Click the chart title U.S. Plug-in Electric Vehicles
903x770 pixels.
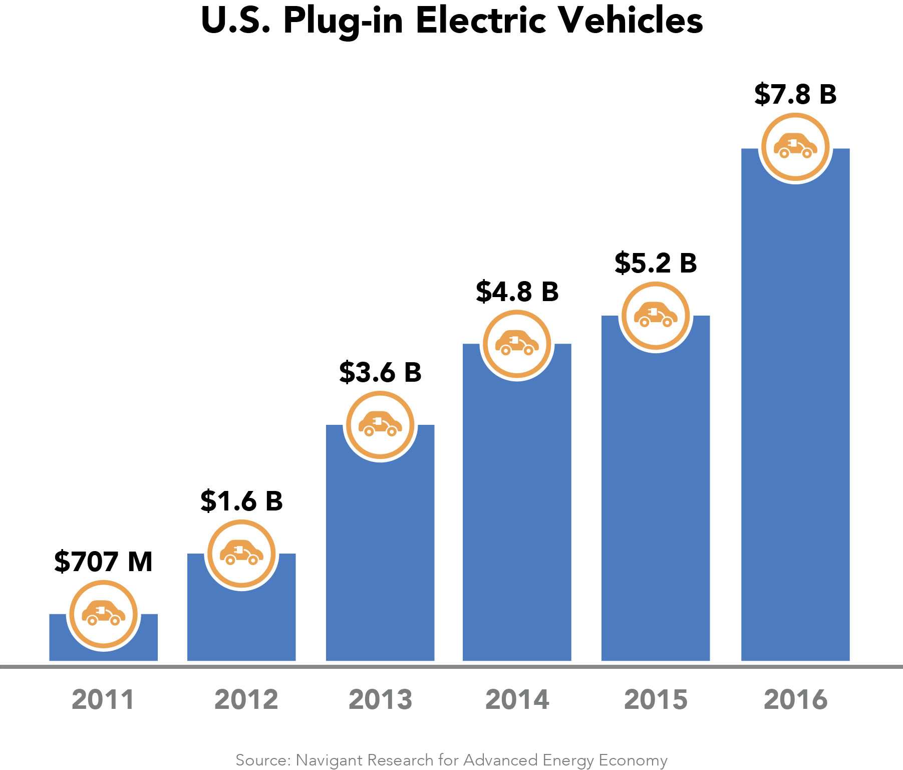tap(452, 21)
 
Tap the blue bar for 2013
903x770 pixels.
tap(380, 551)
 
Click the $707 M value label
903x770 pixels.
tap(103, 562)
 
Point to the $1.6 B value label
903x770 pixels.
tap(241, 501)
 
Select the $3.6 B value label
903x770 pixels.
tap(380, 372)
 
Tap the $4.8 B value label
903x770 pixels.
tap(517, 292)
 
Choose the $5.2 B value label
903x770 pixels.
tap(656, 263)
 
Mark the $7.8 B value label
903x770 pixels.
tap(795, 94)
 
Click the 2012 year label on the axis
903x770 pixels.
tap(246, 700)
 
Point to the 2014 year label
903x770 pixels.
tap(517, 700)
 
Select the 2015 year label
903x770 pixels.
tap(656, 700)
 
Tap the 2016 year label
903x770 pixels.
tap(795, 700)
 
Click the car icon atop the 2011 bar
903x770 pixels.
tap(103, 614)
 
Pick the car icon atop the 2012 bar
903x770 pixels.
tap(241, 553)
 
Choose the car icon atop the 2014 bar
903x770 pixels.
tap(517, 344)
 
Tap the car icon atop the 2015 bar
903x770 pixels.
tap(656, 316)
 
